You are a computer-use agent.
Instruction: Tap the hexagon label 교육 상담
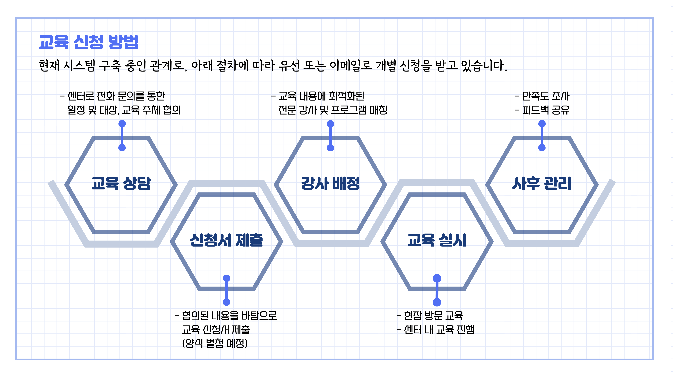click(121, 183)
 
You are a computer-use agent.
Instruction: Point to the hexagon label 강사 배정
click(331, 183)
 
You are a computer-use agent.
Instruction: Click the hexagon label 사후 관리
click(542, 183)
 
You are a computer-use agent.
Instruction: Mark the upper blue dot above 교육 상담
click(122, 124)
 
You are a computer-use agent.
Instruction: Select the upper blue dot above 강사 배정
click(331, 124)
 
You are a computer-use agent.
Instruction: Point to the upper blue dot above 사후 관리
click(542, 124)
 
